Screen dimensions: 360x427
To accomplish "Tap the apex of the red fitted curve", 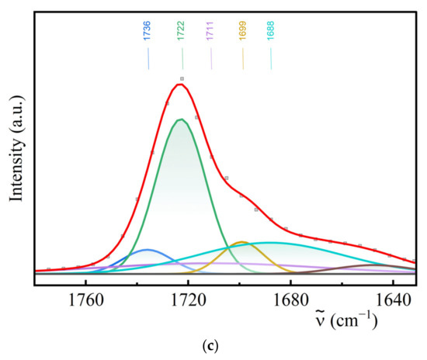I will [180, 84].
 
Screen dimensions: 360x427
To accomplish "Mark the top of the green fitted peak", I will [181, 119].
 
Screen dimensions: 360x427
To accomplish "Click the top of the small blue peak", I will [147, 250].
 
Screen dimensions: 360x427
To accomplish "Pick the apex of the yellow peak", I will [241, 242].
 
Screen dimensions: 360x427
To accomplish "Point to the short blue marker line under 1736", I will [148, 60].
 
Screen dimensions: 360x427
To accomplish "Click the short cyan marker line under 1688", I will [270, 60].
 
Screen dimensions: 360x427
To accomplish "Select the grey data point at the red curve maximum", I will [182, 79].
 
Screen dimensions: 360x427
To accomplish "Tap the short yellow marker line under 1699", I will [242, 60].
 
